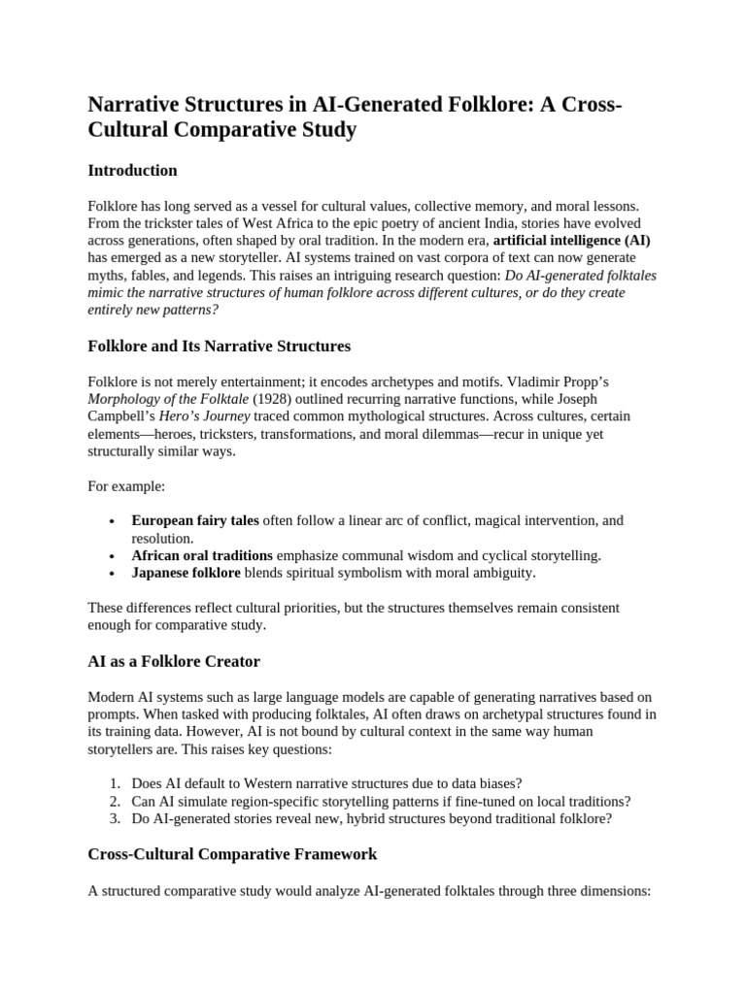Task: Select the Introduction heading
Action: [132, 171]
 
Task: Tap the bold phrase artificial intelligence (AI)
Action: [572, 240]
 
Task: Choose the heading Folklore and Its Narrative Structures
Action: [219, 347]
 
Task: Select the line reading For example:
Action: [126, 485]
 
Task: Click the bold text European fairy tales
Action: [195, 520]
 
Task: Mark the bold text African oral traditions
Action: [202, 555]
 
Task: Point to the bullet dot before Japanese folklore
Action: [115, 573]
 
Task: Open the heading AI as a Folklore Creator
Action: [174, 662]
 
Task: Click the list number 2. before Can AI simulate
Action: [114, 801]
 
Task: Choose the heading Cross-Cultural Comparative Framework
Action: [232, 855]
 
